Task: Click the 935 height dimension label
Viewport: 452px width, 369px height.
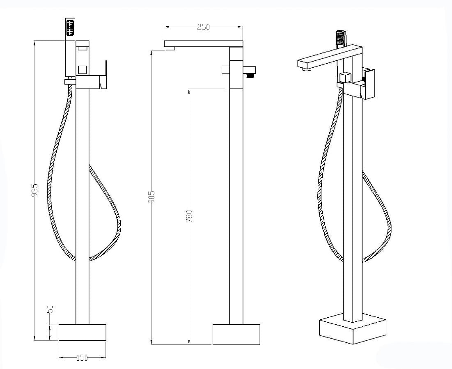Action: [x=34, y=190]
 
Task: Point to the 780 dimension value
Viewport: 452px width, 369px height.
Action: [x=189, y=216]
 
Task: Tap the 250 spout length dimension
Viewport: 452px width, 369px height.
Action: [x=204, y=27]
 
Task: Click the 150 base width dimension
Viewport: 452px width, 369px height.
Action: [x=82, y=358]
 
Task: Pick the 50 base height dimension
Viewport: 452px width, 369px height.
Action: [x=49, y=309]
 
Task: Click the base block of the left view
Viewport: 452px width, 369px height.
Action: [x=83, y=332]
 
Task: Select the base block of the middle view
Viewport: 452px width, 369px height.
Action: [x=236, y=335]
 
